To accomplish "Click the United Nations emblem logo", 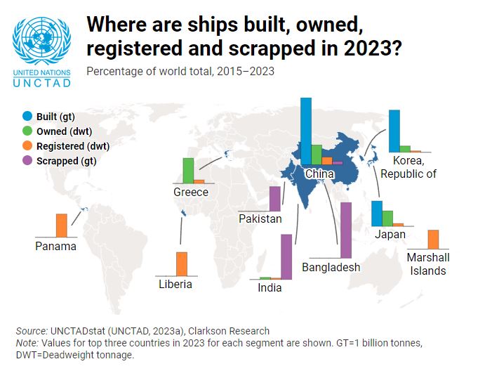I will pyautogui.click(x=41, y=38).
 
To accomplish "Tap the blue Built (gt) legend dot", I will pyautogui.click(x=27, y=116).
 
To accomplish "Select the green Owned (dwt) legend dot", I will pyautogui.click(x=27, y=131).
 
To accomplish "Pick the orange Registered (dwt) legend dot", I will pyautogui.click(x=27, y=146).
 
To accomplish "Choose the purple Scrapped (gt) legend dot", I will pyautogui.click(x=27, y=161).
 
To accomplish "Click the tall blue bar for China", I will pyautogui.click(x=306, y=131).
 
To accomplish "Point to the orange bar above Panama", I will pyautogui.click(x=61, y=226).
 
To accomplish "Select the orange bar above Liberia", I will pyautogui.click(x=182, y=263).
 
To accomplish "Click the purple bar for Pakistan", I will pyautogui.click(x=274, y=198).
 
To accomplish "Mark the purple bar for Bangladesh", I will pyautogui.click(x=345, y=230).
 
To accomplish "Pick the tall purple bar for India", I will pyautogui.click(x=286, y=256).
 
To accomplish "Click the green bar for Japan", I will pyautogui.click(x=387, y=218).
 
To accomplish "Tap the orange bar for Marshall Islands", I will pyautogui.click(x=433, y=239).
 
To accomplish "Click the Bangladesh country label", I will pyautogui.click(x=331, y=267).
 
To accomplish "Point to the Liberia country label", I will pyautogui.click(x=175, y=285).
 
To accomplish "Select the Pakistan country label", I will pyautogui.click(x=260, y=219).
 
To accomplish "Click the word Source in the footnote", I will pyautogui.click(x=32, y=331).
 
